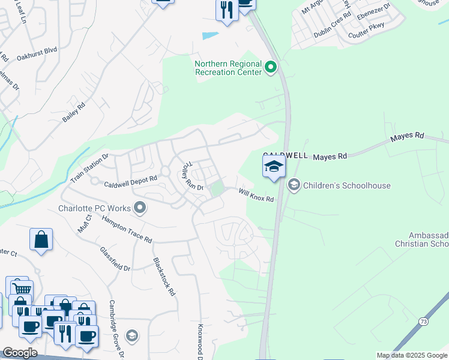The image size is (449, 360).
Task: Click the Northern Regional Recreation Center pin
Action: pyautogui.click(x=271, y=67)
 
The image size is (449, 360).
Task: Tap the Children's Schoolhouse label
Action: pyautogui.click(x=347, y=185)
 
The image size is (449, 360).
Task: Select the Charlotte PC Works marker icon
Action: pyautogui.click(x=140, y=208)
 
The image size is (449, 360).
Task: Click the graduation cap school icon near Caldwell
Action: pyautogui.click(x=273, y=166)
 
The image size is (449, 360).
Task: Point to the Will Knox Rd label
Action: pyautogui.click(x=256, y=195)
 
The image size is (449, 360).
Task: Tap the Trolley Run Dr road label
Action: pyautogui.click(x=193, y=176)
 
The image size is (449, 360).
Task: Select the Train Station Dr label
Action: pyautogui.click(x=89, y=166)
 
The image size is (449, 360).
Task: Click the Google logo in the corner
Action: pyautogui.click(x=20, y=353)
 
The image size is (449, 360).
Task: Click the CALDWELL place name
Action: pyautogui.click(x=285, y=155)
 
